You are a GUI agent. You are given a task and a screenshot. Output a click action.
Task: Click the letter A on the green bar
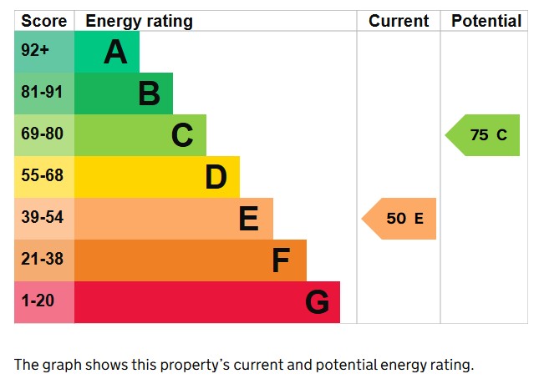115,53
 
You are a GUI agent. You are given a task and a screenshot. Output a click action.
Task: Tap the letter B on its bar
149,93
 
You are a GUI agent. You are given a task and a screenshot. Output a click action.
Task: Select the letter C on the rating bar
182,135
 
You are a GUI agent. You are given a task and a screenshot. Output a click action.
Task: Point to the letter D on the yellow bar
216,177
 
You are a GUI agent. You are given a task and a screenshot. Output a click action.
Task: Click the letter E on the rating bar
248,219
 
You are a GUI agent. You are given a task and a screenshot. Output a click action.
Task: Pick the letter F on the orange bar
281,261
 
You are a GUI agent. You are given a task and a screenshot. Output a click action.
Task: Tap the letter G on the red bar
317,302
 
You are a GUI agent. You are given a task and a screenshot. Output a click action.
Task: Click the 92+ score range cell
35,51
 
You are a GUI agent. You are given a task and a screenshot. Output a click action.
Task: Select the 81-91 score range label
42,93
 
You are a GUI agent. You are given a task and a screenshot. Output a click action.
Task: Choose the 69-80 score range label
42,134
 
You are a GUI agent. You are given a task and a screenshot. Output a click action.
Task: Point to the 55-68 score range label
42,176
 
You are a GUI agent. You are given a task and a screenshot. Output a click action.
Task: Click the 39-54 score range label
42,218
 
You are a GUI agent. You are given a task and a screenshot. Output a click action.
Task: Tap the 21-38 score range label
42,260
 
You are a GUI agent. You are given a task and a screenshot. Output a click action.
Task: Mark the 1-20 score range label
37,301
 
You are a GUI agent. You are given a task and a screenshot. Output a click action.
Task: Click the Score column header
43,21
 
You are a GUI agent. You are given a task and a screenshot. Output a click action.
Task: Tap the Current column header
399,21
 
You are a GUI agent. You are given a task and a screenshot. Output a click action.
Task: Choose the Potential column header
486,21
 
